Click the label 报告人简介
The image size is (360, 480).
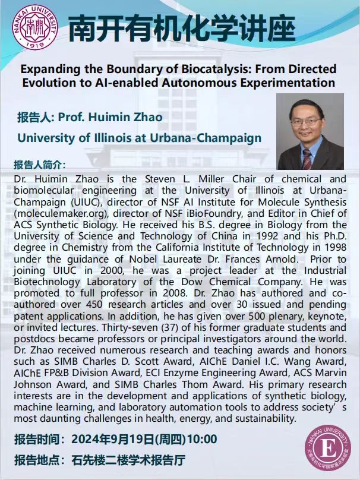tap(40, 164)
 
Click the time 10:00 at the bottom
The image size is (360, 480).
tap(202, 440)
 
